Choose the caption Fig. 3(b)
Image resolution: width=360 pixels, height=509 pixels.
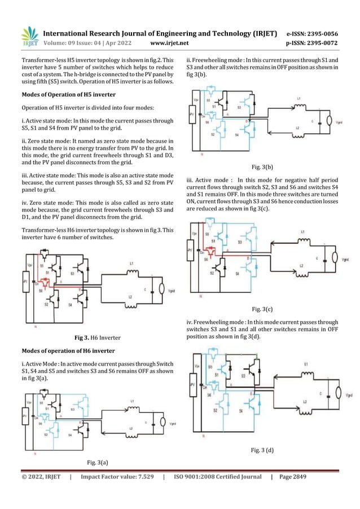tap(261, 167)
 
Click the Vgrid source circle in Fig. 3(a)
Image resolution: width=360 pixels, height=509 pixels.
tap(165, 422)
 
